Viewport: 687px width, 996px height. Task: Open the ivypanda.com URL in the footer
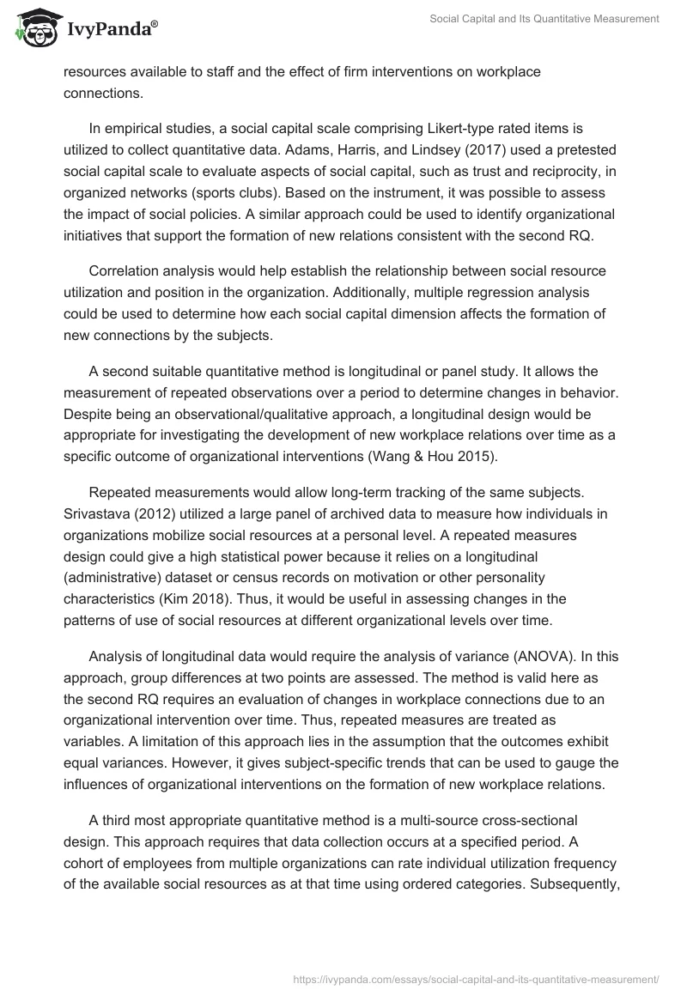pos(476,978)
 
